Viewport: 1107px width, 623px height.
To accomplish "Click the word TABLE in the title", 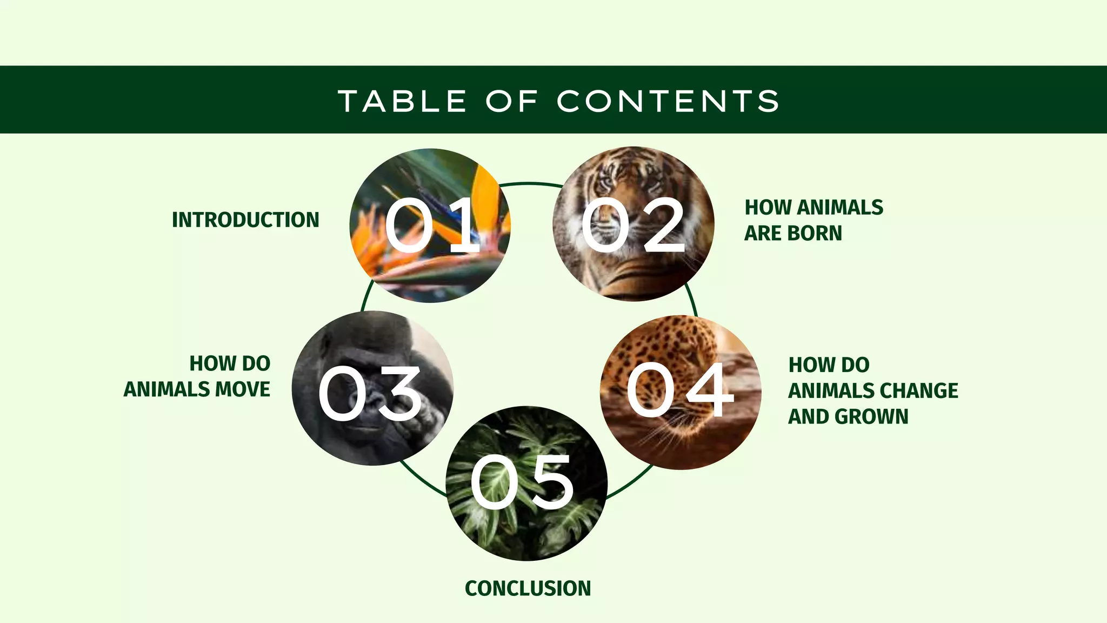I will [402, 101].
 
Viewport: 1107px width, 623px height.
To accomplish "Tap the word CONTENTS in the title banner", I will [668, 101].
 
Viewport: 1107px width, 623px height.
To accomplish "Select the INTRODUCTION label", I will [245, 220].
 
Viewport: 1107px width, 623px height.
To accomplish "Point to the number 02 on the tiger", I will [633, 224].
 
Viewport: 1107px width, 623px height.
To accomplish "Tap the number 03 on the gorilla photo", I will [370, 393].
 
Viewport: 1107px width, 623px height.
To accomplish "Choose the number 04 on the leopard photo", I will [680, 389].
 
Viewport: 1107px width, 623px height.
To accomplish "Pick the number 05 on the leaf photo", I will [522, 482].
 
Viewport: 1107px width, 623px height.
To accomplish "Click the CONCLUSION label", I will [528, 588].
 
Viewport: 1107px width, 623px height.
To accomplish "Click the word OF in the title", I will [512, 101].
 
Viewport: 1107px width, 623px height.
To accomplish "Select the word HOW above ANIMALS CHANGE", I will [806, 365].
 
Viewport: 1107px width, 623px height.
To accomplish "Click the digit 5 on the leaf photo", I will [547, 482].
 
